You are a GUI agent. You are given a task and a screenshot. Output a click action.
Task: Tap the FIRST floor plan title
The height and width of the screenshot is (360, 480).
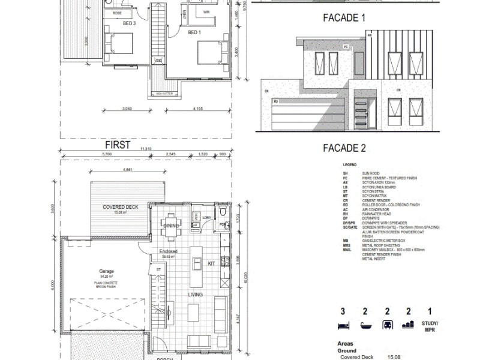118,145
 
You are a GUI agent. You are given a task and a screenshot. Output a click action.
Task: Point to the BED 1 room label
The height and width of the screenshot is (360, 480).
193,32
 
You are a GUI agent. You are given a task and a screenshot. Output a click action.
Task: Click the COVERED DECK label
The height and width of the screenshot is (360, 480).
120,206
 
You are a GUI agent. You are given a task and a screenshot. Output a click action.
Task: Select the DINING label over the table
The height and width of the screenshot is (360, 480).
172,225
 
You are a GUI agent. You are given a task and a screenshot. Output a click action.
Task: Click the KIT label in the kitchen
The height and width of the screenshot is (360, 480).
211,263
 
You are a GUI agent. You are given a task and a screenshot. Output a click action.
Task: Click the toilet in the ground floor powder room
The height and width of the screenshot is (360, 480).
223,212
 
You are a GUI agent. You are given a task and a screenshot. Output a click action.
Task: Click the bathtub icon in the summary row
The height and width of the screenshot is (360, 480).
365,325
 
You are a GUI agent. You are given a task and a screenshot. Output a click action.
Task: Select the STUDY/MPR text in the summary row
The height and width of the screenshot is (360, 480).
428,326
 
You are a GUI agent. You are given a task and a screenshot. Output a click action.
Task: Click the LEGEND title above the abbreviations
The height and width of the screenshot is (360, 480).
350,164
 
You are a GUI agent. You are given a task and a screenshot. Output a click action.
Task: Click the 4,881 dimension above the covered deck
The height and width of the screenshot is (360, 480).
127,170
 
